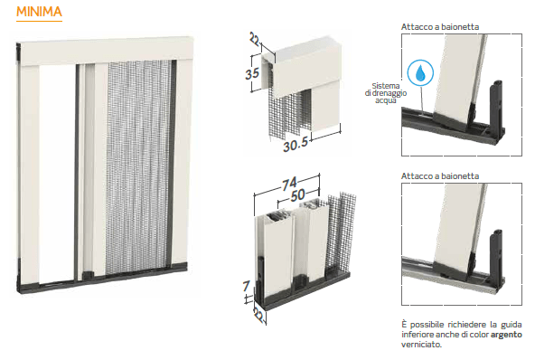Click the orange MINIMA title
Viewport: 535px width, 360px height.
(39, 12)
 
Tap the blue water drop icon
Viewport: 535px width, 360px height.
(420, 72)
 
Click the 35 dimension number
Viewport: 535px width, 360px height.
(252, 73)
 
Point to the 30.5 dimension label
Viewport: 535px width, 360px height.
(296, 145)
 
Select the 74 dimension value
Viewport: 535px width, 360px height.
(289, 184)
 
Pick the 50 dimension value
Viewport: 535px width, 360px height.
(298, 195)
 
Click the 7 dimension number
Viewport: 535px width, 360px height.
(247, 286)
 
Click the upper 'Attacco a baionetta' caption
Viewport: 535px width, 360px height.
(440, 27)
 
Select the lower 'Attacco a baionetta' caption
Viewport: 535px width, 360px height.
(440, 176)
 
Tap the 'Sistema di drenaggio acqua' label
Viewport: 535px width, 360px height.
(386, 93)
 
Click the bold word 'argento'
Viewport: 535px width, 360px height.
(506, 335)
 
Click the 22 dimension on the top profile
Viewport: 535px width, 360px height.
(255, 39)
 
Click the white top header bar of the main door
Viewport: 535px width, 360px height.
(107, 52)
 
